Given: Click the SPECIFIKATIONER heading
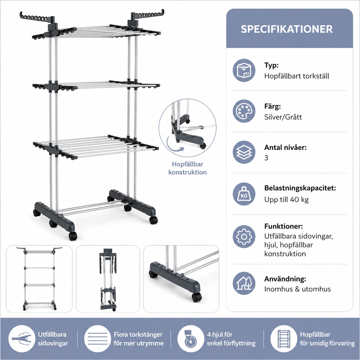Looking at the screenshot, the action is pos(287,29).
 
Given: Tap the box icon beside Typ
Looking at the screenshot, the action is pos(244,70).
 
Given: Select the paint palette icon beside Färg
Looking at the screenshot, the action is pos(244,111).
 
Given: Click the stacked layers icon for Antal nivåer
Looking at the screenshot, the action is pos(244,152).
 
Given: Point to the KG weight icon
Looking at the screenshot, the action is pos(244,194).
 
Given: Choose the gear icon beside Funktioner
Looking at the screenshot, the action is pos(244,237).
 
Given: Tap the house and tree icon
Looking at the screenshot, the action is pos(244,283).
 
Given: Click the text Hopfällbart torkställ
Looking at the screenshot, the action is pos(297,76).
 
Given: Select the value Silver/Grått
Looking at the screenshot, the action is pos(283,117).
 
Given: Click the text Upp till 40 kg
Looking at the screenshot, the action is pos(287,200).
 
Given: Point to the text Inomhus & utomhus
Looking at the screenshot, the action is pos(297,289).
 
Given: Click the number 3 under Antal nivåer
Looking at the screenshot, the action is pos(266,158).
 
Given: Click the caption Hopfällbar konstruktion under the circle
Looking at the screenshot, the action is pos(187,168).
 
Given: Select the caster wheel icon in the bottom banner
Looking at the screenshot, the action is pos(190,338).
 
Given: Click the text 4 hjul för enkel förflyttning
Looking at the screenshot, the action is pos(231,339).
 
